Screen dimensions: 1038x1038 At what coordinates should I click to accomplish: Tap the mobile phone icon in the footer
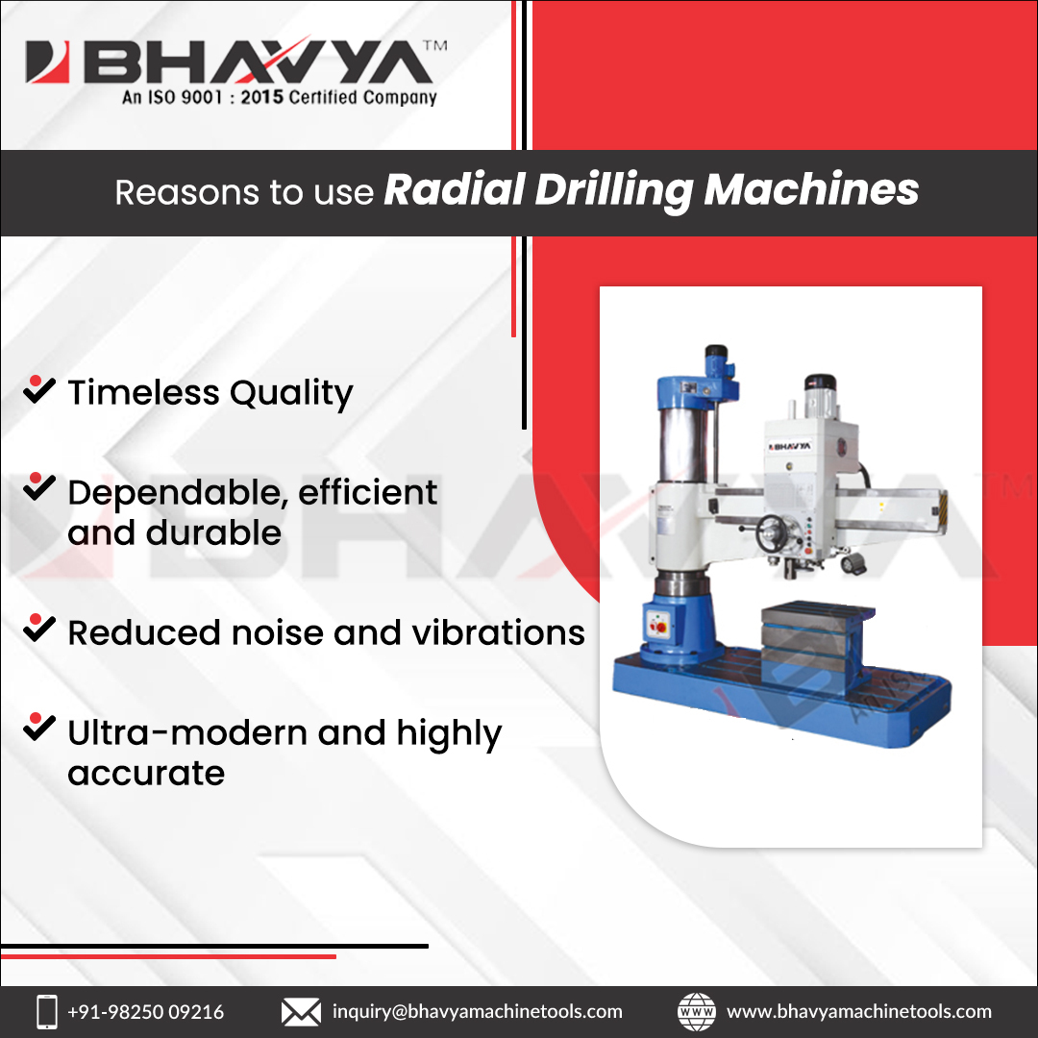[46, 1011]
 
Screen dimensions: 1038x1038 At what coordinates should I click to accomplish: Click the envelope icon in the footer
[300, 1011]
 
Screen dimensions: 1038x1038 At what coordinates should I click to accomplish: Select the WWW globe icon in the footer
[697, 1011]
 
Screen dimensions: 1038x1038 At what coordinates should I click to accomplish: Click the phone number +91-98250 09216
[145, 1011]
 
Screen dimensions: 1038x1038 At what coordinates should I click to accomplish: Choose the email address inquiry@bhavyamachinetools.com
[477, 1011]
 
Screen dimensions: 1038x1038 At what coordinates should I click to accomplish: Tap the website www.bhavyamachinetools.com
[859, 1011]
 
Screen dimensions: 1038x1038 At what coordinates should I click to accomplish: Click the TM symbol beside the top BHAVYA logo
[434, 47]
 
